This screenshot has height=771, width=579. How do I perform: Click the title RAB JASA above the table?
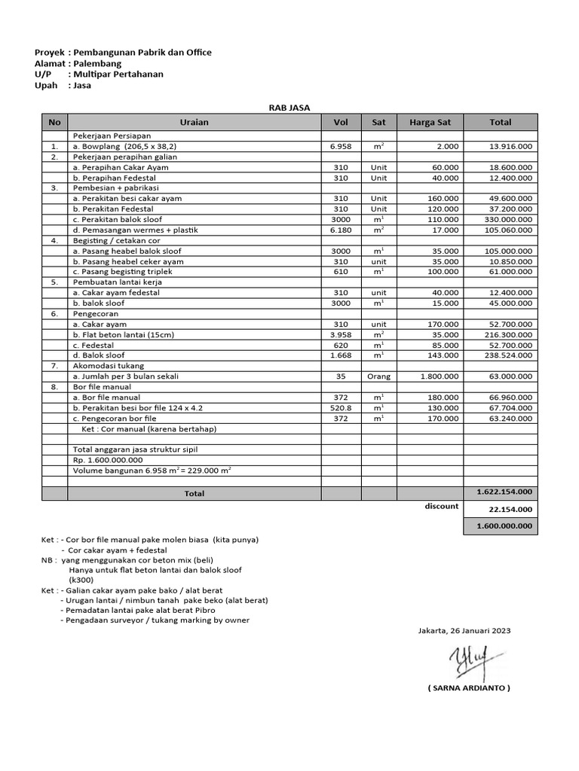click(x=289, y=108)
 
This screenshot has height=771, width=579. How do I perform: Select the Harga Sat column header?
click(x=430, y=122)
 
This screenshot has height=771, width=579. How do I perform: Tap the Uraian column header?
click(x=194, y=122)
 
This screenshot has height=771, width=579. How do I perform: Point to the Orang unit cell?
click(x=378, y=376)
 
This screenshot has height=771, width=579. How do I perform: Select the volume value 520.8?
click(x=341, y=407)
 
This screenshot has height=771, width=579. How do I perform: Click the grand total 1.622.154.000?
click(x=504, y=492)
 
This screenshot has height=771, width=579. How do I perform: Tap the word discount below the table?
click(x=441, y=506)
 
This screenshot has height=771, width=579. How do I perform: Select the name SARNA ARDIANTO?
click(x=468, y=688)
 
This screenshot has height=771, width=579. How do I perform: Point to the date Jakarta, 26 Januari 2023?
click(x=464, y=631)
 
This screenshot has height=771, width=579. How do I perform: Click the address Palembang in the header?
click(x=94, y=63)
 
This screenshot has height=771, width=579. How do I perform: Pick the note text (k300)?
click(x=82, y=581)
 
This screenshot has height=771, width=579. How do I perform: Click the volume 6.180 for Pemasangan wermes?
click(x=341, y=230)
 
